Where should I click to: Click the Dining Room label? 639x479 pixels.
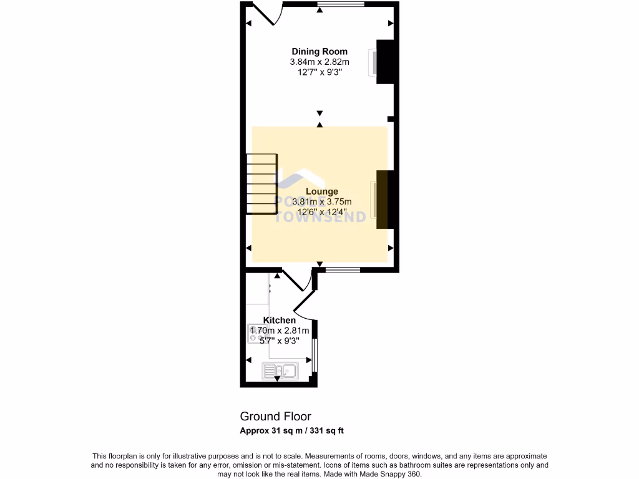(x=319, y=52)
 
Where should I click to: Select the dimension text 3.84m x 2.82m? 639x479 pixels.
(x=319, y=62)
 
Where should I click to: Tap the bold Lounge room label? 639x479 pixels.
(x=321, y=191)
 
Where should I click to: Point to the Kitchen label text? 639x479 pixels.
(x=279, y=320)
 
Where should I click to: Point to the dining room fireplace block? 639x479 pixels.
(x=386, y=62)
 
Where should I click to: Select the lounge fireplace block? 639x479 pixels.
(x=383, y=199)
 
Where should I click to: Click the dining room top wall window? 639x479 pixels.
(x=341, y=5)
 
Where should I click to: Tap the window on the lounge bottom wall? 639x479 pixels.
(x=343, y=270)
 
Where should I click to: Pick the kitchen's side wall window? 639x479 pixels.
(x=315, y=354)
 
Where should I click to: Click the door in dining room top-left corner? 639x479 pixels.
(x=265, y=14)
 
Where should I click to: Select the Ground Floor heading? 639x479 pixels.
(x=275, y=416)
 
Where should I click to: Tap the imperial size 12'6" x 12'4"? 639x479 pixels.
(x=321, y=211)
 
